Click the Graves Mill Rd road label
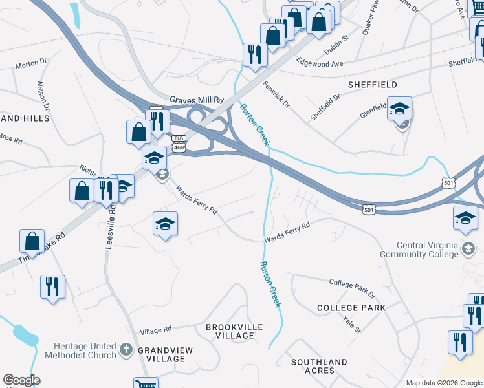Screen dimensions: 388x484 [x=196, y=100]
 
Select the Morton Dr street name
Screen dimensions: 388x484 [x=32, y=64]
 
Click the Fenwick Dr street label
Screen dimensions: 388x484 [x=276, y=94]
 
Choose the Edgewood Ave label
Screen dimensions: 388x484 [x=319, y=64]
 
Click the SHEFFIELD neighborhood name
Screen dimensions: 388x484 [x=372, y=85]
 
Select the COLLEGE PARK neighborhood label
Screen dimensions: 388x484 [x=351, y=308]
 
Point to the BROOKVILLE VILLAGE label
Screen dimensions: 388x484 [x=234, y=332]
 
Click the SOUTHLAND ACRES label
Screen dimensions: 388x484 [x=319, y=366]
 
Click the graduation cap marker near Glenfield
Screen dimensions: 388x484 [x=400, y=109]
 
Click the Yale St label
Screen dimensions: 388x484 [x=353, y=325]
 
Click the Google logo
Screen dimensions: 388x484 [x=21, y=380]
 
